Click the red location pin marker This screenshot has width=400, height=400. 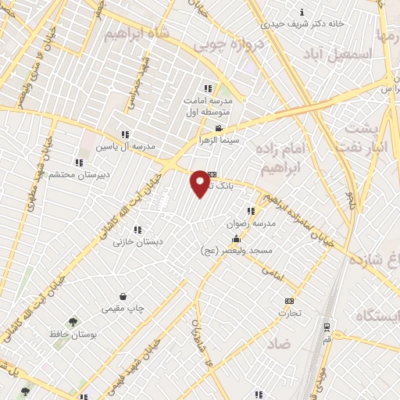click(x=200, y=183)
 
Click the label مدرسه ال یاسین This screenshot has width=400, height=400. click(x=126, y=147)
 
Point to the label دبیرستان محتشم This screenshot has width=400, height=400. click(x=77, y=173)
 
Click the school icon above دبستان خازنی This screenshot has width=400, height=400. click(x=137, y=230)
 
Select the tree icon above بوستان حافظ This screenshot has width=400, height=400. click(x=73, y=321)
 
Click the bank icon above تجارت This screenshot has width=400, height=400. click(x=290, y=301)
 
